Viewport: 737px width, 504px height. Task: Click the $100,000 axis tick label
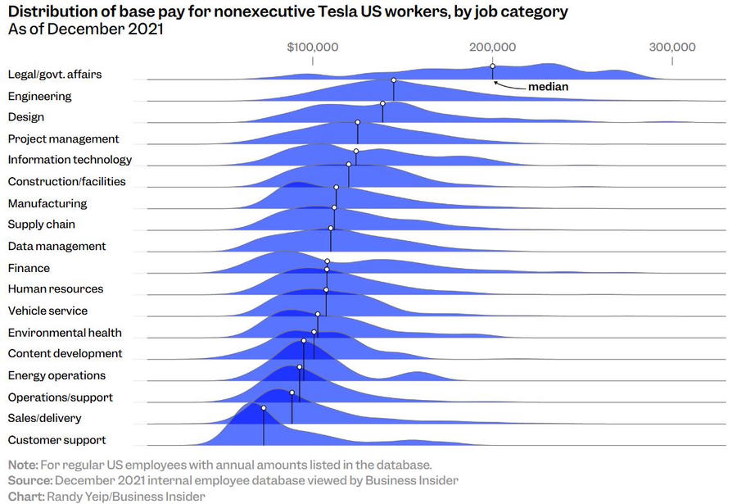coord(312,47)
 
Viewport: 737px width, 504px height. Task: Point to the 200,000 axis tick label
coord(492,47)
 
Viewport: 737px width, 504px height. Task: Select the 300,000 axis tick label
coord(672,47)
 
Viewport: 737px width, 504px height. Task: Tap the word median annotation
coord(548,86)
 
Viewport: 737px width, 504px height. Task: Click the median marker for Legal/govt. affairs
coord(492,66)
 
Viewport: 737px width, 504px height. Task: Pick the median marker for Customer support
coord(264,407)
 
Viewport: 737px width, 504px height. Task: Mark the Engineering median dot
coord(394,80)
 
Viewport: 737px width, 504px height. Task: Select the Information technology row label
coord(70,160)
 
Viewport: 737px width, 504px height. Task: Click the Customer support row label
coord(57,440)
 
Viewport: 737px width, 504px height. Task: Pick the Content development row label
coord(65,353)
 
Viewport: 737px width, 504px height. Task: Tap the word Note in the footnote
coord(23,464)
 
